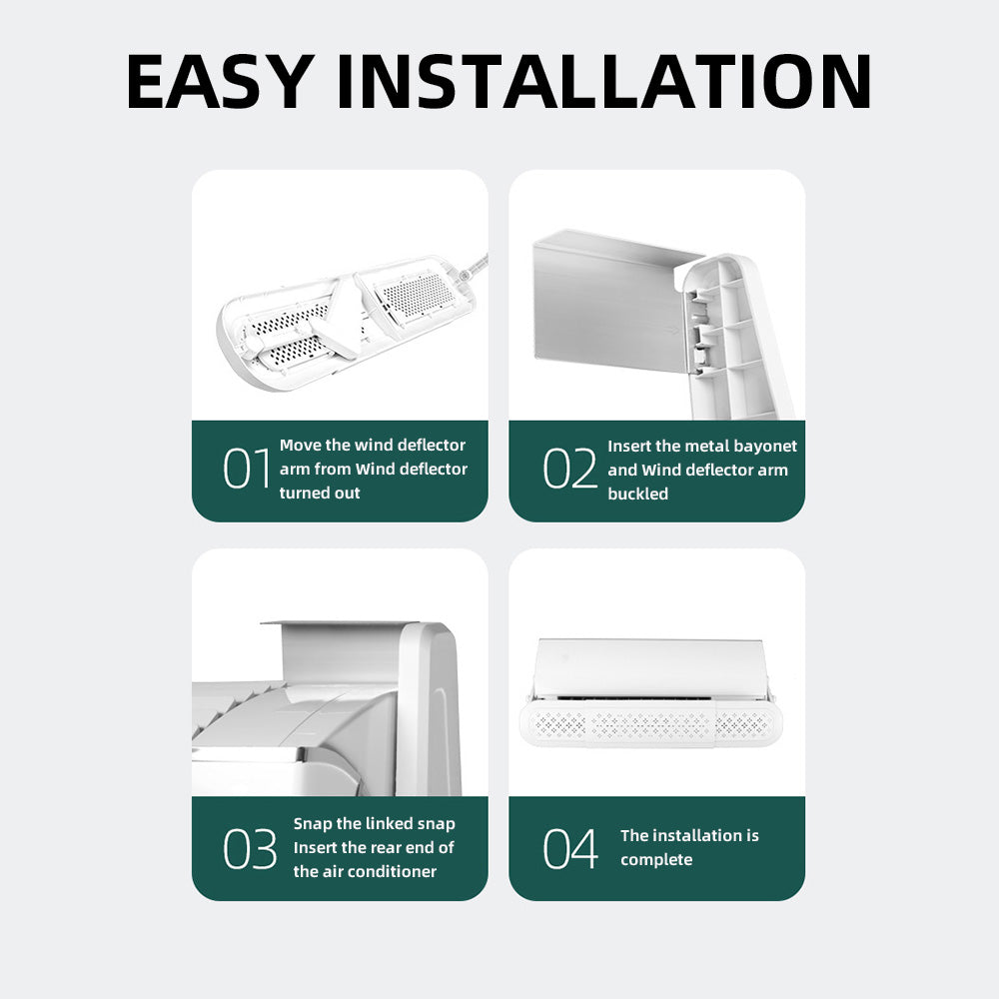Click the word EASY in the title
point(221,82)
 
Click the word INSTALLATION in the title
point(604,82)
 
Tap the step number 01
point(247,469)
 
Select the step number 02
point(569,469)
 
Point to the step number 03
point(250,848)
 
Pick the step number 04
point(570,848)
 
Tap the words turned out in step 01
point(320,493)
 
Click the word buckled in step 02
point(637,494)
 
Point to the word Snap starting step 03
point(312,824)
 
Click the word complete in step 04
point(656,860)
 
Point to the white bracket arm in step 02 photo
point(736,337)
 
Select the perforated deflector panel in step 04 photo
point(651,725)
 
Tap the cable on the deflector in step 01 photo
point(474,267)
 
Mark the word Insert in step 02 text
point(628,446)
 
